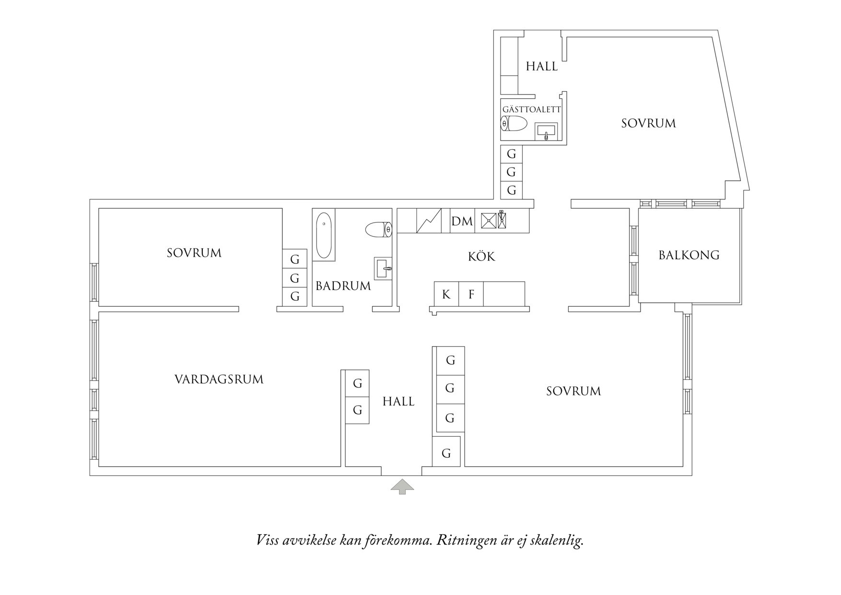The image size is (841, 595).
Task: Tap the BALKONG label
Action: tap(689, 255)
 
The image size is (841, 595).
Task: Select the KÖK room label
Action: tap(481, 257)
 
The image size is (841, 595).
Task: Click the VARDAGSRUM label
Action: tap(219, 380)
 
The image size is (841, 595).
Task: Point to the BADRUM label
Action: tap(343, 286)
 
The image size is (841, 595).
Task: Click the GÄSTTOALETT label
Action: tap(531, 109)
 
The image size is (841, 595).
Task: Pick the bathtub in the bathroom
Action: tap(324, 236)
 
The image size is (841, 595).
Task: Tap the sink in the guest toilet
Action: tap(546, 131)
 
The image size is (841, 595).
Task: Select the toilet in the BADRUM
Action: tap(379, 230)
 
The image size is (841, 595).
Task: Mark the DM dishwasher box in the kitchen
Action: tap(462, 221)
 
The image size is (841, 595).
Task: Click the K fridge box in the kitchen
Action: tap(446, 294)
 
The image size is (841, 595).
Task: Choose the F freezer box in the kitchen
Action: tap(471, 294)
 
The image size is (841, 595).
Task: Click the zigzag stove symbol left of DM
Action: tap(429, 221)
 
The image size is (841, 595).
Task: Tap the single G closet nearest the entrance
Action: tap(446, 452)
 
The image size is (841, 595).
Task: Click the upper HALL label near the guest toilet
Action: tap(541, 66)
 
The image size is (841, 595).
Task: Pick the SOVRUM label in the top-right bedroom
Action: tap(648, 123)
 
